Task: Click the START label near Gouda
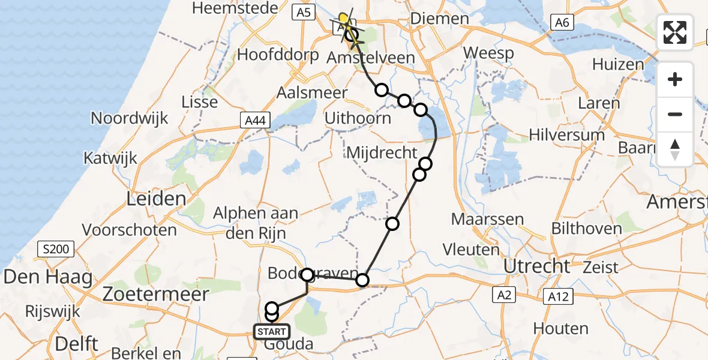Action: click(x=271, y=331)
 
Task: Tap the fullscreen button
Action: click(x=675, y=32)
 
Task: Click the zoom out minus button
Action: click(x=675, y=114)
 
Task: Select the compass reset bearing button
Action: click(x=675, y=149)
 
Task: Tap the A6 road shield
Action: click(x=561, y=23)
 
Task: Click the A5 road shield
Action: click(x=305, y=13)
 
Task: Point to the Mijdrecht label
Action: click(x=381, y=153)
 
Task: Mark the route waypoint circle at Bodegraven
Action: click(x=307, y=275)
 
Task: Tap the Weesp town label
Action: click(x=489, y=53)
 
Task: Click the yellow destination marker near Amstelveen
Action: click(x=344, y=19)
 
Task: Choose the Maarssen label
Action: click(x=488, y=219)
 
